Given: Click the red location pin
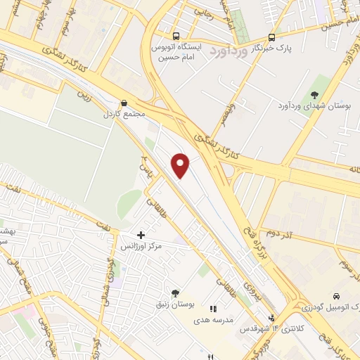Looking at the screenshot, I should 181,165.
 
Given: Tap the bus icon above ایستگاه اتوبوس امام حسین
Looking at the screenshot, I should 175,37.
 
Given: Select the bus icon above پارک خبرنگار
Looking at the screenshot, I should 271,37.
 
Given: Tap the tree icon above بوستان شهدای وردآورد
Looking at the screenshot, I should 314,95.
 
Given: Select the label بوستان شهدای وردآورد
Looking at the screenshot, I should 320,106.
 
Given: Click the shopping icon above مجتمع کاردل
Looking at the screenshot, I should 124,102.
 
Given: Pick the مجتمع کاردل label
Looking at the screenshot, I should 124,113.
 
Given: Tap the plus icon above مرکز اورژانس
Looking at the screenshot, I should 141,235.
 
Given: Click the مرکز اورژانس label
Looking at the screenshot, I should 141,247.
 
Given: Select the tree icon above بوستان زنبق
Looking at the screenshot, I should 174,292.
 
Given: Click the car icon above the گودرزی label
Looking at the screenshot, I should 337,296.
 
